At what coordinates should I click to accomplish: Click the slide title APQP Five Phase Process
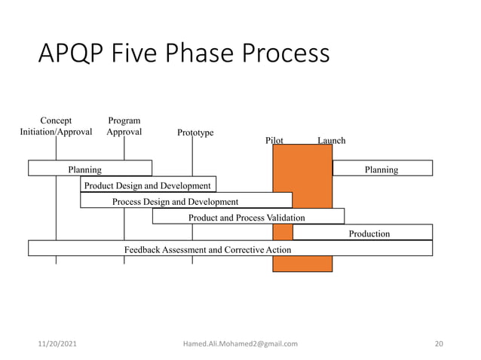click(184, 54)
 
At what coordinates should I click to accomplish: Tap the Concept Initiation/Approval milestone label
click(56, 126)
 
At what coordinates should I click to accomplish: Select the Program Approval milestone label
click(124, 126)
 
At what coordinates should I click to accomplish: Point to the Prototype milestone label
click(195, 133)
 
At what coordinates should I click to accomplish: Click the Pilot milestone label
click(274, 140)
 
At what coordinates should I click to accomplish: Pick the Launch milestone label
click(331, 140)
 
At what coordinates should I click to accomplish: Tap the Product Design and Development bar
click(148, 185)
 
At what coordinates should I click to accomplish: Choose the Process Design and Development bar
click(176, 201)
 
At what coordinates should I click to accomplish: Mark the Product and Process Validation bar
click(247, 217)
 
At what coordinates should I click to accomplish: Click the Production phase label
click(369, 233)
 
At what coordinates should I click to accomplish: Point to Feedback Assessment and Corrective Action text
click(207, 249)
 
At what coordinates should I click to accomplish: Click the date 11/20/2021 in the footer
click(57, 343)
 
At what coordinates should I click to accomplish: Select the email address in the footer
click(240, 343)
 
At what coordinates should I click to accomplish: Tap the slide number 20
click(439, 343)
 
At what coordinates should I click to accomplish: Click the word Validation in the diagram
click(286, 217)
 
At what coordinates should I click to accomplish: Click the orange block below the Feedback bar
click(302, 264)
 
